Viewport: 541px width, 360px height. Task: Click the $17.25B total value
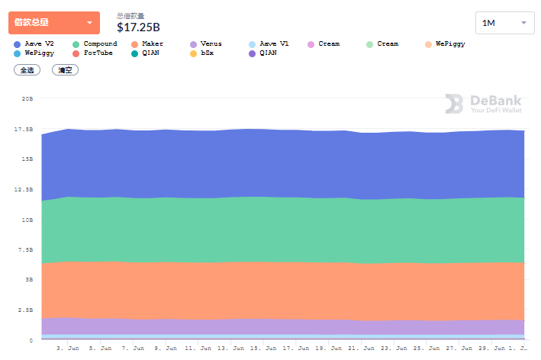pos(138,28)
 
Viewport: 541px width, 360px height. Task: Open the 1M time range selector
pos(504,23)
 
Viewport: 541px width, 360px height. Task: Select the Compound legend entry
pos(100,44)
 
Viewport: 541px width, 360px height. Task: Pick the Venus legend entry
pos(211,44)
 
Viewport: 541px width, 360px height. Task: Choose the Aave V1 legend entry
pos(273,44)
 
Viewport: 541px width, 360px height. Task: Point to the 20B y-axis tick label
pos(27,98)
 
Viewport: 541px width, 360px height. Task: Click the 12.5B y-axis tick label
pos(24,189)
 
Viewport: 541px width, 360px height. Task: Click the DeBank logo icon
pos(454,104)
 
